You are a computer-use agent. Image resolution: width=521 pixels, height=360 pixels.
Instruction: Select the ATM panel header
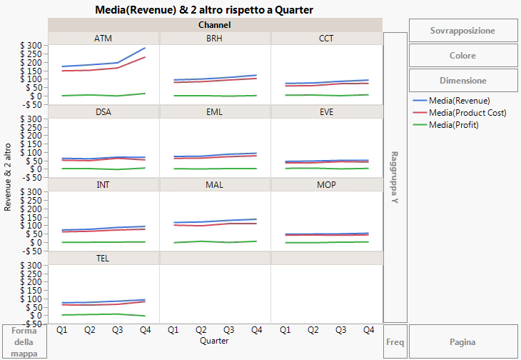103,39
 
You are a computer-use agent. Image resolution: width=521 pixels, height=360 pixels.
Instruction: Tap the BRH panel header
215,39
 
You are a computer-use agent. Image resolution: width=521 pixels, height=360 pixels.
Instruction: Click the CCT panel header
326,39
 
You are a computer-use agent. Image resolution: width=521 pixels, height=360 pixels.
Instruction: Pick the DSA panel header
103,112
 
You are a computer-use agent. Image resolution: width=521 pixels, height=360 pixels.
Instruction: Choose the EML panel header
215,112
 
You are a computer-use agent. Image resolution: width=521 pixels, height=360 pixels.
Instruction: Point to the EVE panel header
326,112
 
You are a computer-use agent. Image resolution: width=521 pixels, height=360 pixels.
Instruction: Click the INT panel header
103,185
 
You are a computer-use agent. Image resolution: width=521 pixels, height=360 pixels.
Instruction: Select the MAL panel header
215,185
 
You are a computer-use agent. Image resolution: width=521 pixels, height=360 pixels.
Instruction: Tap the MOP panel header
326,185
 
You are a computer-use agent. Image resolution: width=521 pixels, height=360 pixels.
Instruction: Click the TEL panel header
103,259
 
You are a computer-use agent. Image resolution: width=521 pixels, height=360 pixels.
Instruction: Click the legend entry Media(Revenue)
460,101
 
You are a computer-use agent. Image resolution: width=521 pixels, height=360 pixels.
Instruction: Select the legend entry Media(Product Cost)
467,113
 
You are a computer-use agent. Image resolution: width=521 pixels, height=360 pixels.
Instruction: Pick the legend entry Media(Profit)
453,125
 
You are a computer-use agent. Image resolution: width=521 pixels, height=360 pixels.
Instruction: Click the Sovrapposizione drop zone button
462,31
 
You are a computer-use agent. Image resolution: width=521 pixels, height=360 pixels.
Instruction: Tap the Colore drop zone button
462,56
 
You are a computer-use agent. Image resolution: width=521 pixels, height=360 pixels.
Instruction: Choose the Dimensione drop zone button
462,81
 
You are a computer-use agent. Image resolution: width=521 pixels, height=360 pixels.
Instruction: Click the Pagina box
462,342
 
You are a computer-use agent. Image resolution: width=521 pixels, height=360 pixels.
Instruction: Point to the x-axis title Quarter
215,341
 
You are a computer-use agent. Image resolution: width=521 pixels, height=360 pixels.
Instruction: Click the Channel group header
215,25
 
